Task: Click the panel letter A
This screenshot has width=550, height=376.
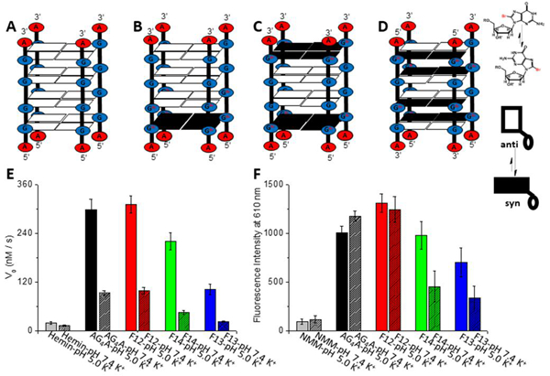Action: tap(10, 27)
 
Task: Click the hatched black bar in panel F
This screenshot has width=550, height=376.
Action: tap(355, 273)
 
